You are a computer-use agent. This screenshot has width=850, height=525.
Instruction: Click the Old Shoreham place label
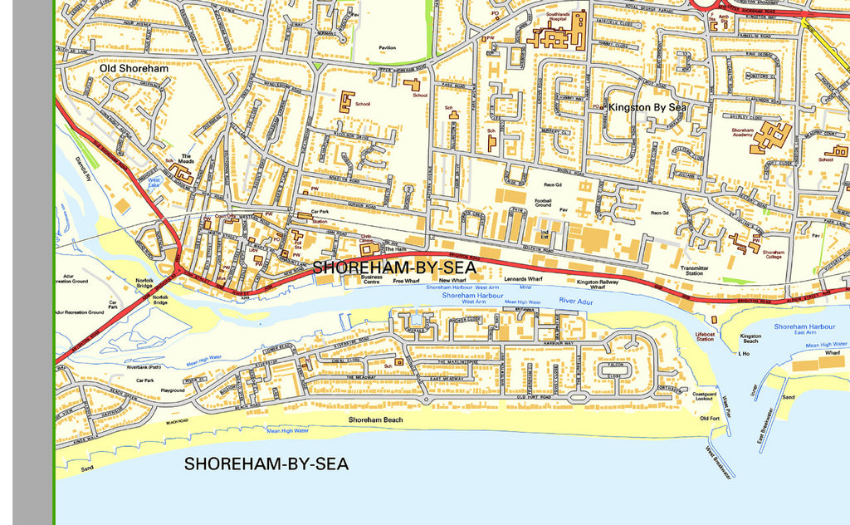pos(134,68)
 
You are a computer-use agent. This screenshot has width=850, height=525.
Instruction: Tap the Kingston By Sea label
pos(647,107)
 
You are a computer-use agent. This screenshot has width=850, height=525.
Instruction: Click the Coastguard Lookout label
pos(704,396)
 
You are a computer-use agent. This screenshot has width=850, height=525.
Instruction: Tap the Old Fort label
pos(710,418)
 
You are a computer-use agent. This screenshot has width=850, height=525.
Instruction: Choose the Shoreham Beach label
pos(375,420)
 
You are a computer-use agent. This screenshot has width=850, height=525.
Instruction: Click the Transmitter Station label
pos(694,271)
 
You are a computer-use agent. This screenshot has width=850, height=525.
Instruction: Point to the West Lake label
pos(154,182)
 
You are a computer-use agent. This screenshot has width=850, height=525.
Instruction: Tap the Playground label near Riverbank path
pos(173,390)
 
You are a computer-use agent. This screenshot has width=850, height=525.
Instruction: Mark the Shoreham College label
pos(773,255)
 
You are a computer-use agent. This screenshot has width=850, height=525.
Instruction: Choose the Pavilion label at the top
pos(387,48)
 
